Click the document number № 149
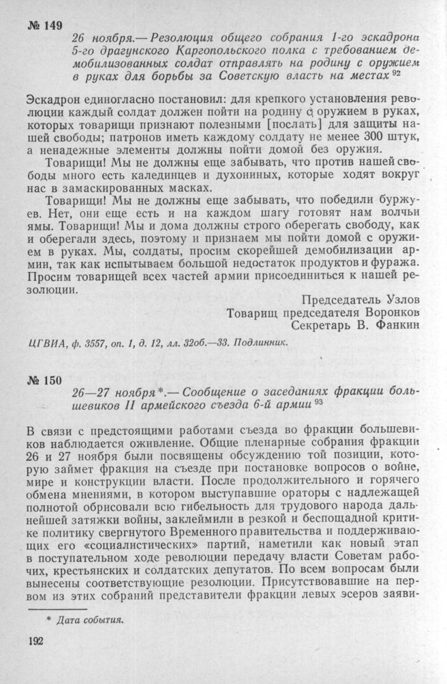(46, 26)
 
